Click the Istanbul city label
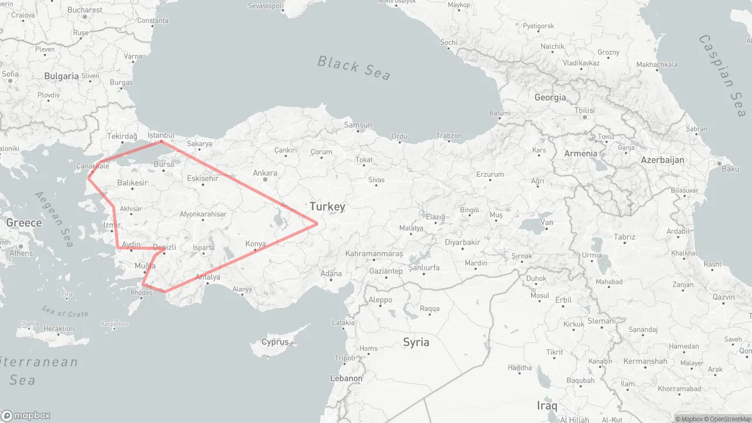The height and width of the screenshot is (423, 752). pyautogui.click(x=161, y=135)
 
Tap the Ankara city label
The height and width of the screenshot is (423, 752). pyautogui.click(x=265, y=173)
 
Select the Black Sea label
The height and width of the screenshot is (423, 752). pyautogui.click(x=354, y=67)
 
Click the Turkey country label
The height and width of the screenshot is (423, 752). pyautogui.click(x=327, y=206)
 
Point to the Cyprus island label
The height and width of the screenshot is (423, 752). pyautogui.click(x=275, y=342)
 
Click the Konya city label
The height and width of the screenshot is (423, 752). pyautogui.click(x=256, y=243)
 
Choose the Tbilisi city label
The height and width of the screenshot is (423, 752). pyautogui.click(x=585, y=110)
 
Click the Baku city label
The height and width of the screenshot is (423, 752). pyautogui.click(x=730, y=169)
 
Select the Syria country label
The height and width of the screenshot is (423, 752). pyautogui.click(x=416, y=342)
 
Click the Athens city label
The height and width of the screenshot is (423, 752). pyautogui.click(x=21, y=253)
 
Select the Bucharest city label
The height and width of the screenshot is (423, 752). pyautogui.click(x=85, y=10)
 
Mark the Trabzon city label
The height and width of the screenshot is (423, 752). pyautogui.click(x=449, y=136)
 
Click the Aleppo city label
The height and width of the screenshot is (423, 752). pyautogui.click(x=380, y=300)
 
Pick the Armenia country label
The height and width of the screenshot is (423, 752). pyautogui.click(x=580, y=153)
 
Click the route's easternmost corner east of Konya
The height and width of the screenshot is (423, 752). pyautogui.click(x=317, y=223)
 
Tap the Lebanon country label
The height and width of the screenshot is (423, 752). pyautogui.click(x=346, y=378)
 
